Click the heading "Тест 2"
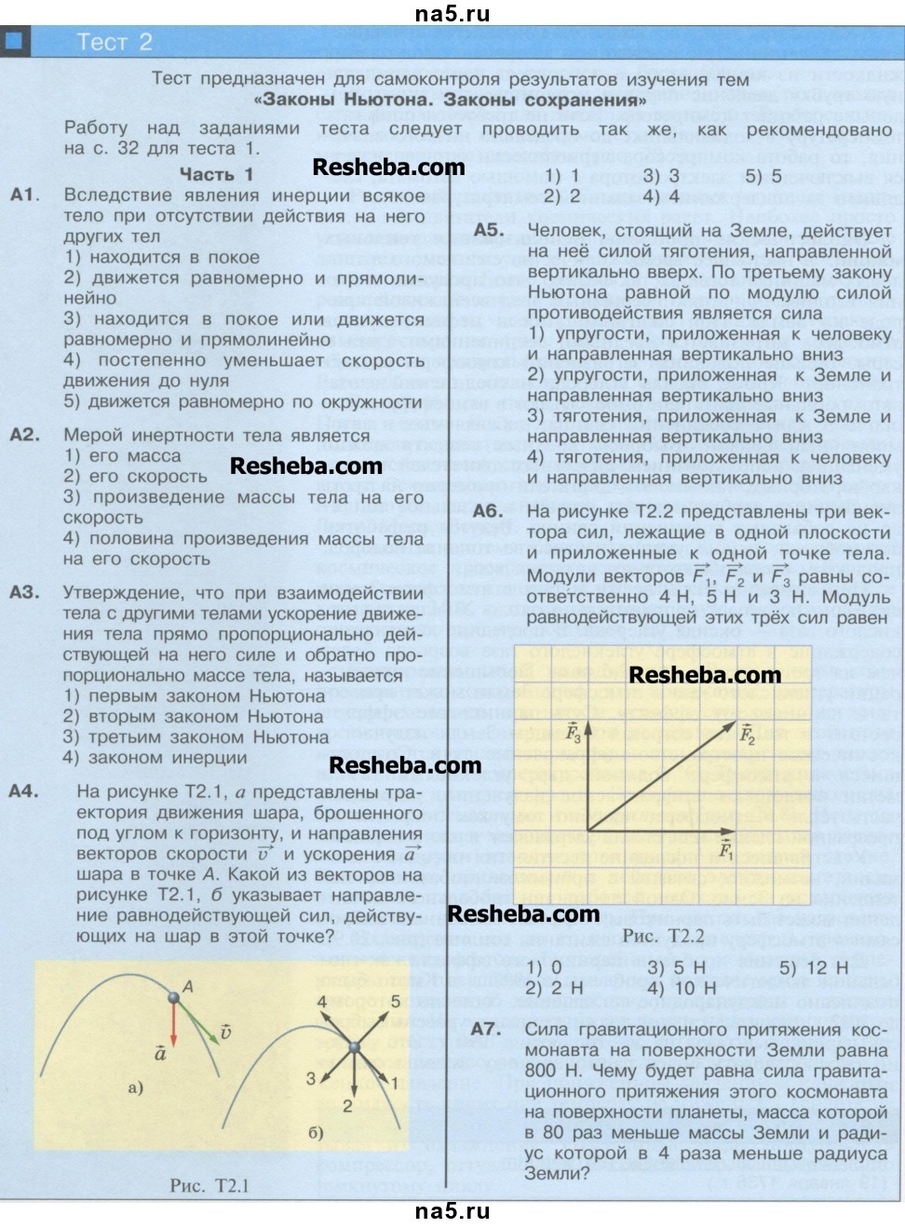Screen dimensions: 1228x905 114,43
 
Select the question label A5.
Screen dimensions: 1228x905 489,232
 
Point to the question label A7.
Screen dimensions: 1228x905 488,1030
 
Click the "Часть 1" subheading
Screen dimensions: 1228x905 216,174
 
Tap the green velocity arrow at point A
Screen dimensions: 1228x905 199,1017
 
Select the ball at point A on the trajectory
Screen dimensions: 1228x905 173,997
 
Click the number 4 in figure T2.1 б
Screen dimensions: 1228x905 322,1003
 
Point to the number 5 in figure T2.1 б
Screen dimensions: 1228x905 395,1003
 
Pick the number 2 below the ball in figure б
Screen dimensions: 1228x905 347,1106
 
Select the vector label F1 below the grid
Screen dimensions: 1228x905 726,848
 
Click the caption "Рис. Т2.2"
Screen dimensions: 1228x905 663,935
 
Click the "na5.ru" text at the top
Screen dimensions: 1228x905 452,13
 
